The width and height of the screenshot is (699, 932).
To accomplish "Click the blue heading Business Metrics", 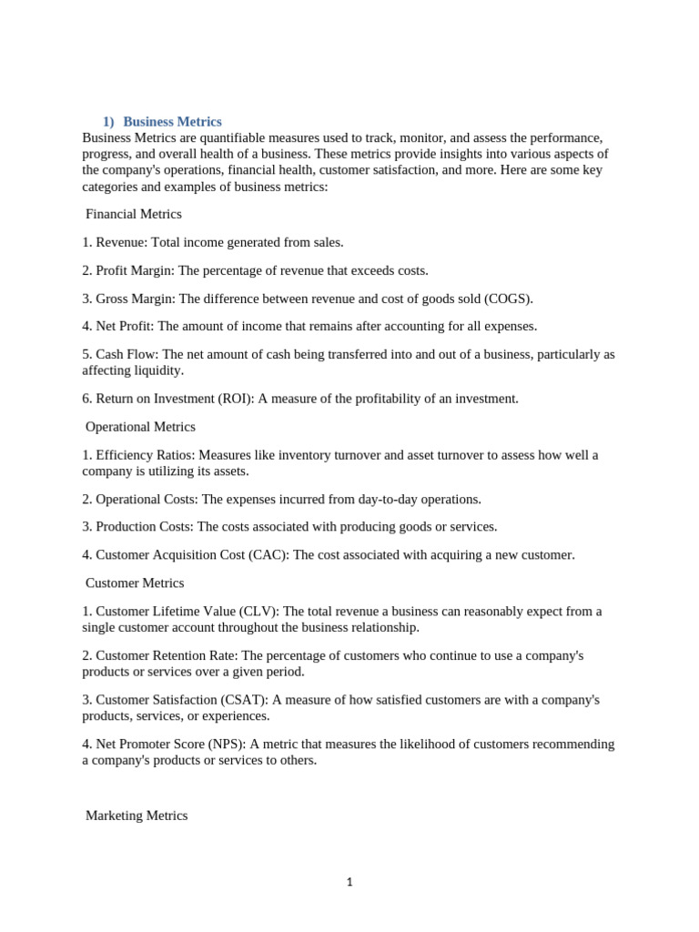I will pyautogui.click(x=172, y=121).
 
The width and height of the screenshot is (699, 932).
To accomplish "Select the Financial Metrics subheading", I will pyautogui.click(x=134, y=214).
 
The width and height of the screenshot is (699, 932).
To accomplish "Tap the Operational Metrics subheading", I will pyautogui.click(x=140, y=426).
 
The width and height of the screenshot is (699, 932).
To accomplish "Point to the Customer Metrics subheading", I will pyautogui.click(x=135, y=582).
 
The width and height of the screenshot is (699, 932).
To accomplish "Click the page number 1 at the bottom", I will pyautogui.click(x=349, y=882).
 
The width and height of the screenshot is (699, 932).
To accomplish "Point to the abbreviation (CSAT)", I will pyautogui.click(x=244, y=700).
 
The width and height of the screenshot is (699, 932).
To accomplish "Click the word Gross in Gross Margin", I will pyautogui.click(x=113, y=299).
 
